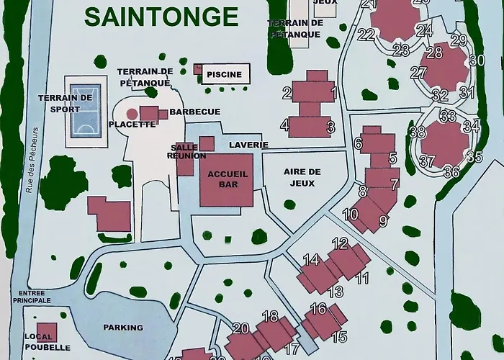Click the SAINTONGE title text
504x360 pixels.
pos(160,16)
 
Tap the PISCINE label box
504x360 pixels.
pos(225,74)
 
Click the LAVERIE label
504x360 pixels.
pos(248,145)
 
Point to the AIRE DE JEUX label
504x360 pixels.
pos(302,177)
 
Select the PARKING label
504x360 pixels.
pos(123,328)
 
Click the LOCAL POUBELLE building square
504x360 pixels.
pos(45,333)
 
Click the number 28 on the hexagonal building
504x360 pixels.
pos(434,53)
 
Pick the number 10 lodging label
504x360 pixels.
pos(351,214)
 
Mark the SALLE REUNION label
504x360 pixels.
pos(181,150)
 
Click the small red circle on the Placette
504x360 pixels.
pos(132,113)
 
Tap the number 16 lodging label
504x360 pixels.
pos(318,309)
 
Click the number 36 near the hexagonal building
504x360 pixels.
pos(451,171)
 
